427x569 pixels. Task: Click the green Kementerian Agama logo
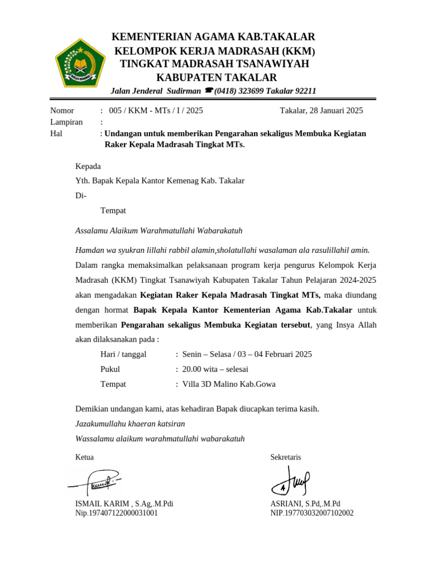pyautogui.click(x=80, y=64)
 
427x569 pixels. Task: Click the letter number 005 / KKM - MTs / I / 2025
pyautogui.click(x=156, y=110)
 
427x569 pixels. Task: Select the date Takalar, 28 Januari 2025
pyautogui.click(x=321, y=110)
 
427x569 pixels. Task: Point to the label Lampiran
pyautogui.click(x=66, y=122)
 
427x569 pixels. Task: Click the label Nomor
pyautogui.click(x=62, y=110)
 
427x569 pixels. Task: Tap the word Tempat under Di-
pyautogui.click(x=113, y=211)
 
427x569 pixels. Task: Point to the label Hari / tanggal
pyautogui.click(x=123, y=354)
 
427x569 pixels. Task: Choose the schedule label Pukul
pyautogui.click(x=110, y=369)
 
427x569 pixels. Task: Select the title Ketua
pyautogui.click(x=85, y=457)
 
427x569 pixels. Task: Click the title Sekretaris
pyautogui.click(x=285, y=457)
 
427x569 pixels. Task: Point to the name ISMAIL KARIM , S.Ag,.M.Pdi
pyautogui.click(x=124, y=504)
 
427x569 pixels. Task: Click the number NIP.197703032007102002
pyautogui.click(x=311, y=513)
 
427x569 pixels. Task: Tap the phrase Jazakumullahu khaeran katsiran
pyautogui.click(x=130, y=423)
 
